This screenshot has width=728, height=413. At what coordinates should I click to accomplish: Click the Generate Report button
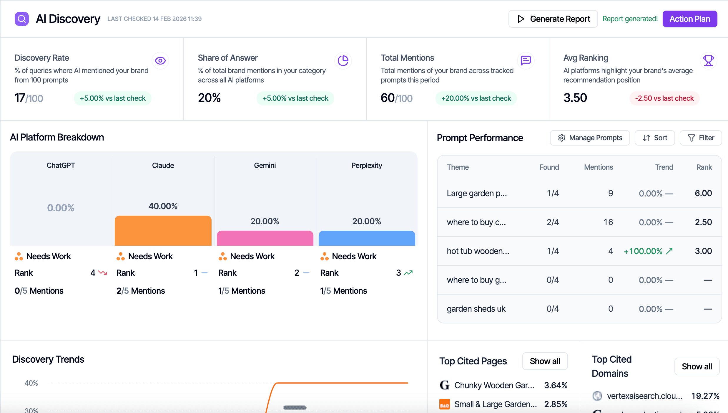553,19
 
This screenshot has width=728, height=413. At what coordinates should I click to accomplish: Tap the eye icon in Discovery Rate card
160,61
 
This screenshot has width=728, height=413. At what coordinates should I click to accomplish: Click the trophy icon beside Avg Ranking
708,61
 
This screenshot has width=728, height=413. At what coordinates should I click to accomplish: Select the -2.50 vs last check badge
664,98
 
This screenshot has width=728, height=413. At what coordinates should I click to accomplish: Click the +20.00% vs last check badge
476,98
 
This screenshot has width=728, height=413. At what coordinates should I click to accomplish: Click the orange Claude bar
163,231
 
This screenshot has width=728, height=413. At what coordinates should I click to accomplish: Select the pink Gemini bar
265,238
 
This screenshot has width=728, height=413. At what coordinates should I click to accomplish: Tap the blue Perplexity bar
367,238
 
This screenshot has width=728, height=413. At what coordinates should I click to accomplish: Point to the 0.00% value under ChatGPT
61,208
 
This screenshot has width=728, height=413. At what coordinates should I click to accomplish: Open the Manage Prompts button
590,138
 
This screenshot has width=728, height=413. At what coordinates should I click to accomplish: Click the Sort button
655,138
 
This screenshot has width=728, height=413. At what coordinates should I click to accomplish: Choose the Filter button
701,138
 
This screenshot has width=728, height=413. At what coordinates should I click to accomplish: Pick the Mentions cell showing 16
608,222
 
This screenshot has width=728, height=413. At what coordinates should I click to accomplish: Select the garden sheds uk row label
476,309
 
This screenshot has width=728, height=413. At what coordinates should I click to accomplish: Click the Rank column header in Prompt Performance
704,167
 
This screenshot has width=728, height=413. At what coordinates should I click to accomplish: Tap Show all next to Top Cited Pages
545,361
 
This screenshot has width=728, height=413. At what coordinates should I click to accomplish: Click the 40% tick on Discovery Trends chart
31,383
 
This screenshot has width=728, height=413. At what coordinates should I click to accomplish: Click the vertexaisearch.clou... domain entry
644,396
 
